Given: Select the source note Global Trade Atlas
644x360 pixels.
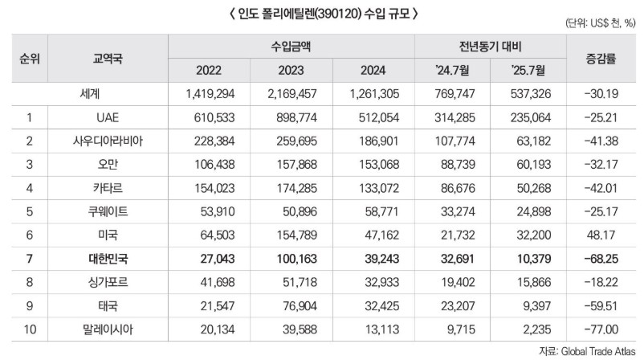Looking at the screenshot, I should pyautogui.click(x=590, y=350).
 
